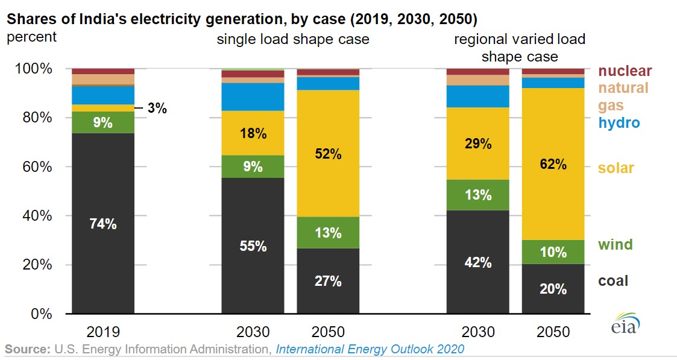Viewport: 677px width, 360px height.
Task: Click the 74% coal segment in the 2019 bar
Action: coord(103,223)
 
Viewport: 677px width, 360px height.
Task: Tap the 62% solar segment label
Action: coord(553,163)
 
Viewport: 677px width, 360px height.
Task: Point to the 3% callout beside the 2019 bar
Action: coord(157,109)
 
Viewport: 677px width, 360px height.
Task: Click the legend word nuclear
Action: coord(625,72)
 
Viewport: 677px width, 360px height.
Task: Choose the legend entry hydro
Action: coord(619,123)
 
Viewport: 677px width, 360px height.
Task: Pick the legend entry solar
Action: coord(616,168)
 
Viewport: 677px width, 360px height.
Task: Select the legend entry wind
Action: coord(615,244)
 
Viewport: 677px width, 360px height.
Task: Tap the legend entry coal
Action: coord(613,280)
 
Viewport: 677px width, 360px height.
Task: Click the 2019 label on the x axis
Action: coord(102,332)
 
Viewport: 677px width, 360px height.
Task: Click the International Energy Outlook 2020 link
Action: coord(370,349)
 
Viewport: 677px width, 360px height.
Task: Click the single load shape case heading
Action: coord(293,40)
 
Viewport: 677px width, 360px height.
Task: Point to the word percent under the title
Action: coord(31,37)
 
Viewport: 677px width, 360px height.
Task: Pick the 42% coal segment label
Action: coord(478,262)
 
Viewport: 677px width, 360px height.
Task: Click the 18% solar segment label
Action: coord(254,134)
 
